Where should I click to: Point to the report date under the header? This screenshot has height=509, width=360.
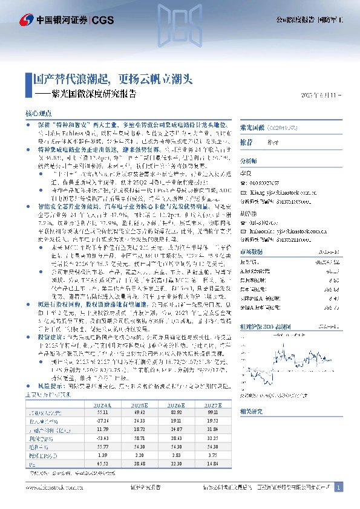[321, 95]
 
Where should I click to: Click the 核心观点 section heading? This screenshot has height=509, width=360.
[37, 114]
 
